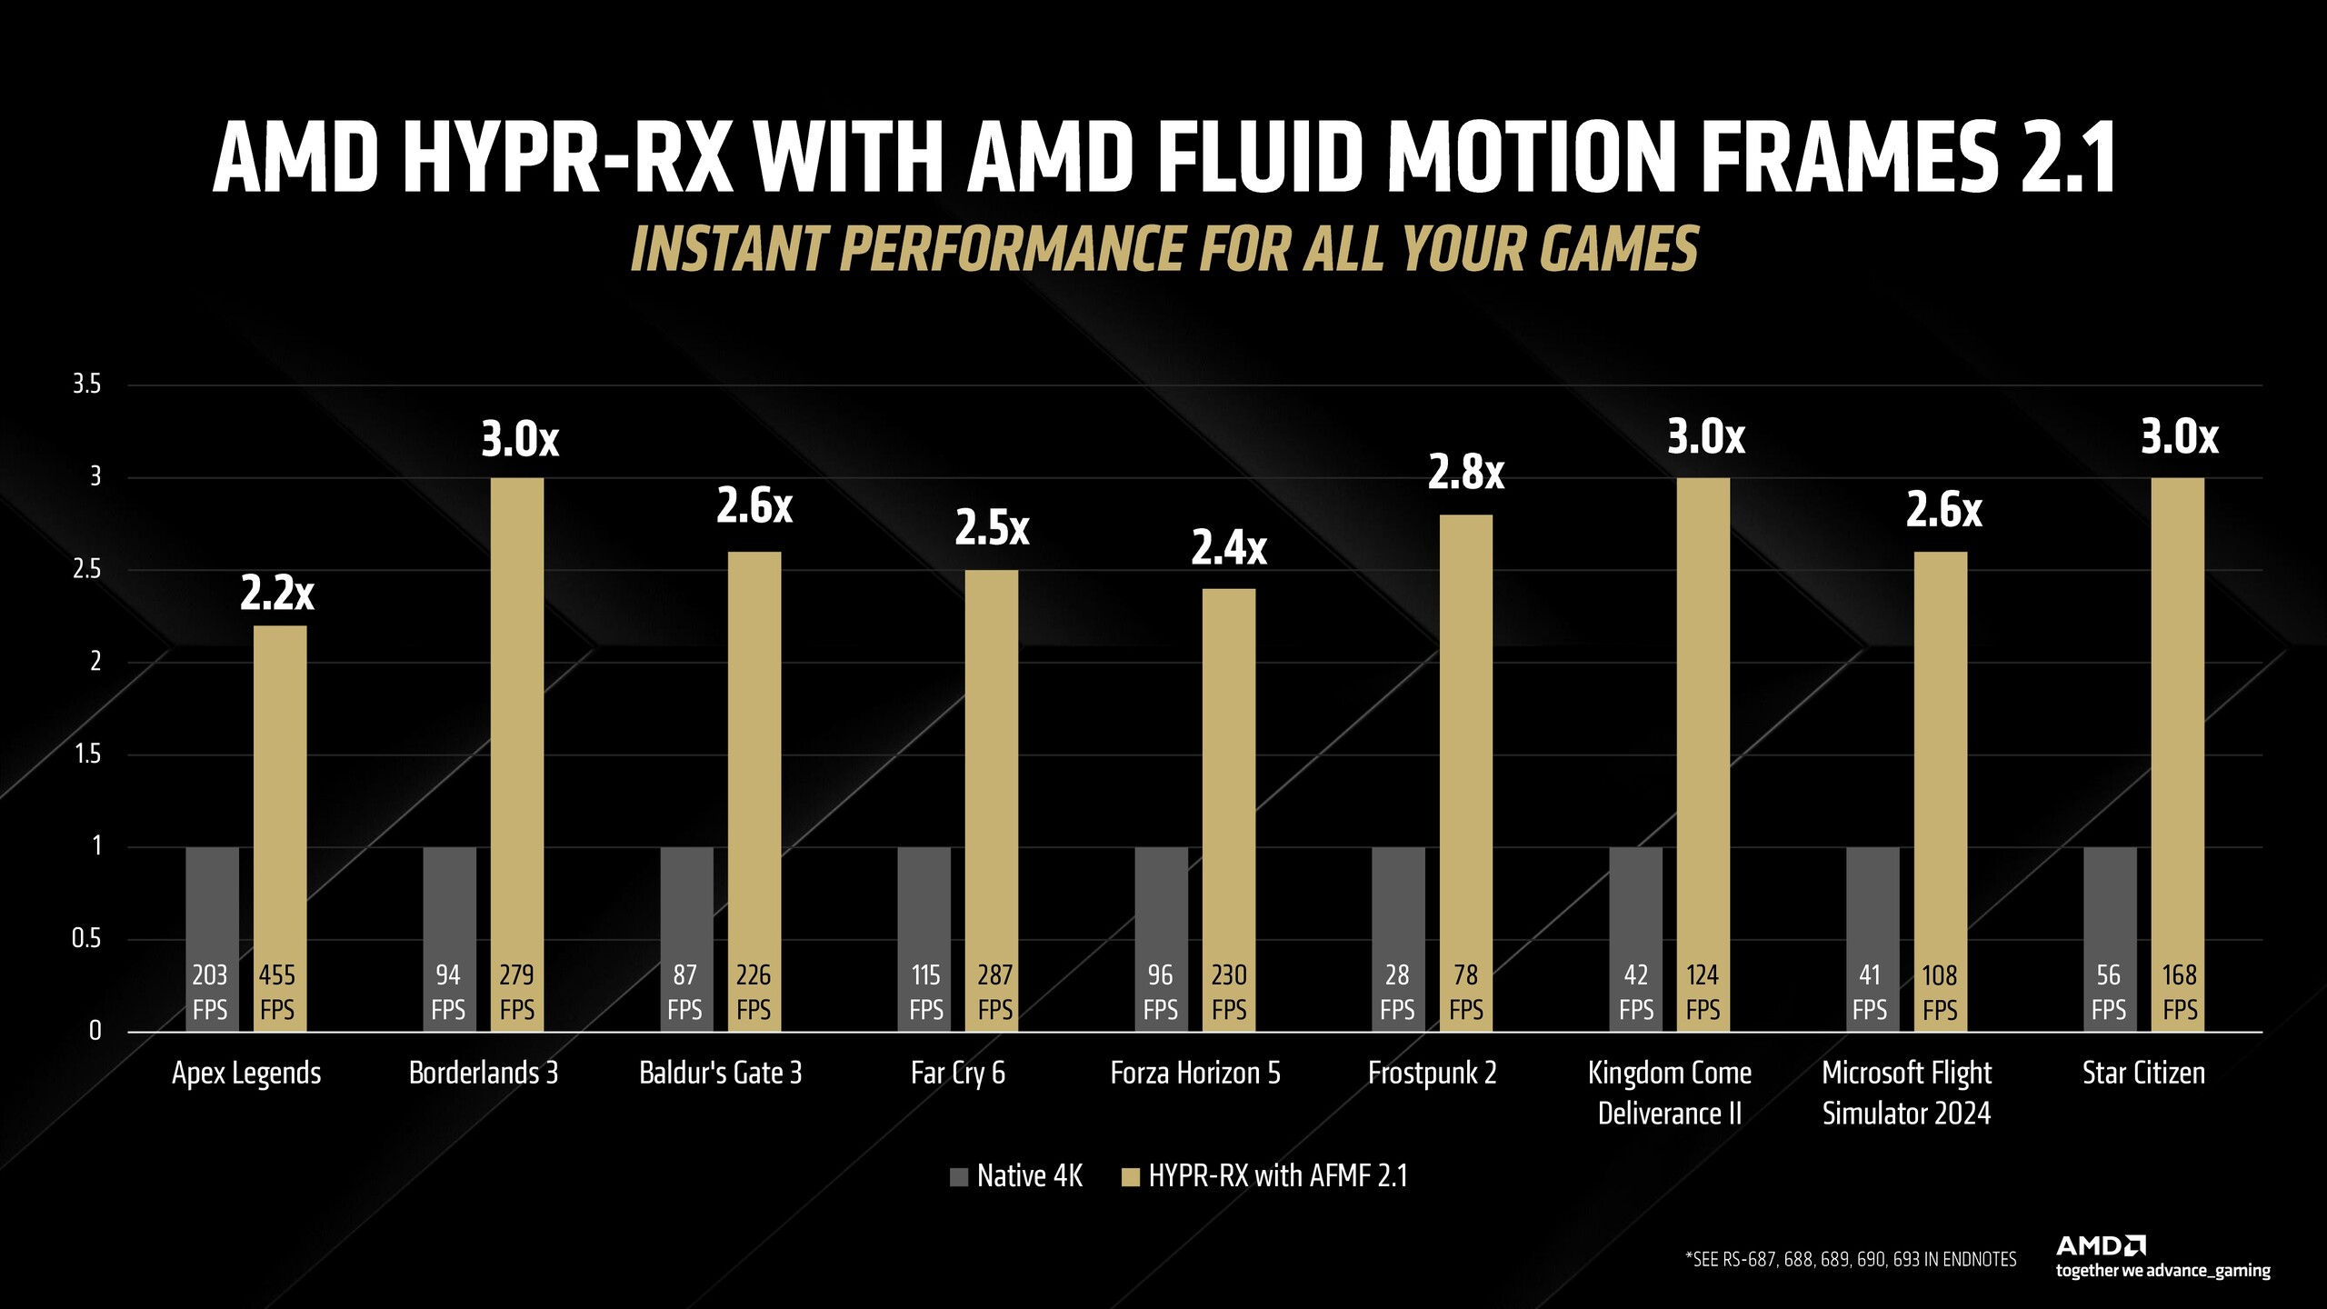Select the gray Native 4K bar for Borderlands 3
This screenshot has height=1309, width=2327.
[x=449, y=900]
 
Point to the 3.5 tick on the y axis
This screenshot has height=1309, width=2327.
[x=86, y=385]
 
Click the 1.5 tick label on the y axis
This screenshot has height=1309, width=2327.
[x=86, y=754]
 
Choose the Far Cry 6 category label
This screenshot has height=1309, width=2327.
[x=957, y=1073]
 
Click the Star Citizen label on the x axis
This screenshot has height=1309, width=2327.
[x=2143, y=1073]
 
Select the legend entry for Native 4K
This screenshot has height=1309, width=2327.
[x=1016, y=1176]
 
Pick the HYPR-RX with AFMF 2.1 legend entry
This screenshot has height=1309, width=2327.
[x=1265, y=1176]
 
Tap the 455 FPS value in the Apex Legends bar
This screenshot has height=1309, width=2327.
[x=277, y=992]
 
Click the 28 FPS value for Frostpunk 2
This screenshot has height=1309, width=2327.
[x=1397, y=992]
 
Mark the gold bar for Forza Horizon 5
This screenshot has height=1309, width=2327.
[x=1229, y=800]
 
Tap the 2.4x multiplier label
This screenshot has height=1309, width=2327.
[x=1229, y=548]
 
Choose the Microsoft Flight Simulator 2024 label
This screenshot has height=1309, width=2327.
[x=1906, y=1093]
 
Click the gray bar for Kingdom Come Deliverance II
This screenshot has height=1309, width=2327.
[x=1635, y=900]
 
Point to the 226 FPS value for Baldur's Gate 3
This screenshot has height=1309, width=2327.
[x=753, y=992]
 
